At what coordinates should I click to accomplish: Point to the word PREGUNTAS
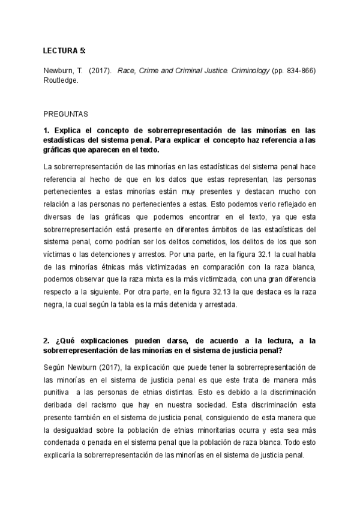(x=65, y=113)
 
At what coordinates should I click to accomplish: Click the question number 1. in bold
(x=47, y=130)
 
